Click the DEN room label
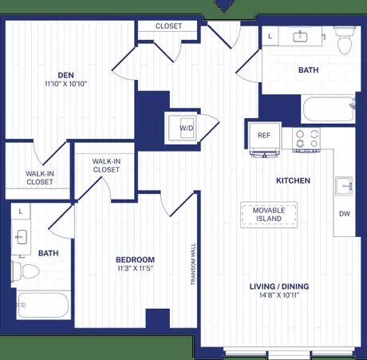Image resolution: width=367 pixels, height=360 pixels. pyautogui.click(x=66, y=75)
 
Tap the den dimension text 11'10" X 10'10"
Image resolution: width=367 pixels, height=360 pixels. pyautogui.click(x=66, y=84)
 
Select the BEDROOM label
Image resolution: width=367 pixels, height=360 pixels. pyautogui.click(x=135, y=259)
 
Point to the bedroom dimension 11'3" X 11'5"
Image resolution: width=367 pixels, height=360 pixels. pyautogui.click(x=135, y=268)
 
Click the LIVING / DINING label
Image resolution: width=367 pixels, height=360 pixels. pyautogui.click(x=279, y=287)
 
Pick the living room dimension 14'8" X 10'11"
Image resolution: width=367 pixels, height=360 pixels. pyautogui.click(x=279, y=295)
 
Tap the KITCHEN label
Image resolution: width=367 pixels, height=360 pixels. pyautogui.click(x=293, y=180)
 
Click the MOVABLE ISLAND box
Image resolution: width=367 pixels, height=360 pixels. pyautogui.click(x=269, y=215)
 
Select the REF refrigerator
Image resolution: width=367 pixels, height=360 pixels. pyautogui.click(x=264, y=137)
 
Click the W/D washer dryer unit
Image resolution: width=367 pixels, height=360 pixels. pyautogui.click(x=183, y=129)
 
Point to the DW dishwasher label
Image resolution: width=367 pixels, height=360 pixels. pyautogui.click(x=345, y=214)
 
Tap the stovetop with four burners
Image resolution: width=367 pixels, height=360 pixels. pyautogui.click(x=306, y=139)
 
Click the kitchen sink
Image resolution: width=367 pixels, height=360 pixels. pyautogui.click(x=344, y=186)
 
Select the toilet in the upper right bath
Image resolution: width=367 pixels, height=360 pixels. pyautogui.click(x=345, y=42)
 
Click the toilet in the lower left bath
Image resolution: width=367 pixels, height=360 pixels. pyautogui.click(x=26, y=271)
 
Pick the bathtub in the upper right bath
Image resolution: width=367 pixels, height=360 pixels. pyautogui.click(x=329, y=109)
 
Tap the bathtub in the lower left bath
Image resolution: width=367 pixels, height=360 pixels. pyautogui.click(x=43, y=305)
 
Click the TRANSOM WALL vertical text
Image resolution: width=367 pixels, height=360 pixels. pyautogui.click(x=193, y=264)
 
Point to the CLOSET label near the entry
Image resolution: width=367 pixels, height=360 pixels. pyautogui.click(x=168, y=26)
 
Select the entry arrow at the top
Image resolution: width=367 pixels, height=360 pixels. pyautogui.click(x=225, y=6)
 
